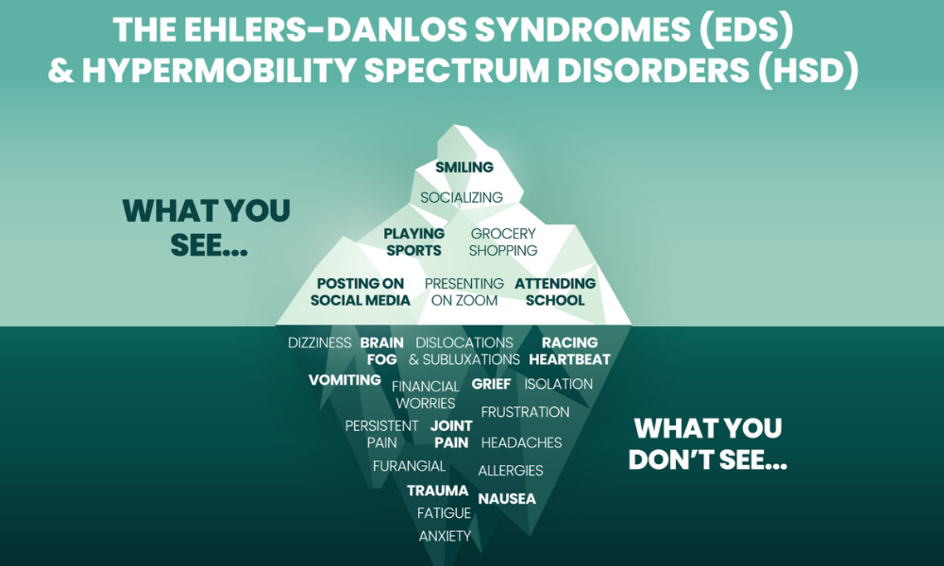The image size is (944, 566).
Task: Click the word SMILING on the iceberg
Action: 464,168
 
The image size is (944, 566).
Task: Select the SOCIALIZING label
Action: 462,198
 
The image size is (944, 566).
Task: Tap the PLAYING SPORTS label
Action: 414,242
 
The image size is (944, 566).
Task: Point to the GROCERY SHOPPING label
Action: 503,242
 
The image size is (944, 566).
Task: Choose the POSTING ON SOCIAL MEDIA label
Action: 361,292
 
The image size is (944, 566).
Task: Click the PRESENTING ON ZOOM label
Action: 464,292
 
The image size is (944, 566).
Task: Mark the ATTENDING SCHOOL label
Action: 555,292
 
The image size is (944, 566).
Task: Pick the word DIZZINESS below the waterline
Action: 320,343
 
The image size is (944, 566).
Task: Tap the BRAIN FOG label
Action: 382,351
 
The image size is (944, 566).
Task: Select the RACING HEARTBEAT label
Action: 569,351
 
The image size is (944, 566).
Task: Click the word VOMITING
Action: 345,380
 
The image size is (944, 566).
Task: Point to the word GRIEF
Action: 491,384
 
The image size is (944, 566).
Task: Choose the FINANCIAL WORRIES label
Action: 426,395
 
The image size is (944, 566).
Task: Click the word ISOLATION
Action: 559,384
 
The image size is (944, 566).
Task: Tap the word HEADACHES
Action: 521,442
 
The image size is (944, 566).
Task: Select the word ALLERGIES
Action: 511,471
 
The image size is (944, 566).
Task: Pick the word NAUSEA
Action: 507,498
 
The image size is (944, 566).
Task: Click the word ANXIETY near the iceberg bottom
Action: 445,536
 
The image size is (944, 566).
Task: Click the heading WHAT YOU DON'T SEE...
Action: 708,444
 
